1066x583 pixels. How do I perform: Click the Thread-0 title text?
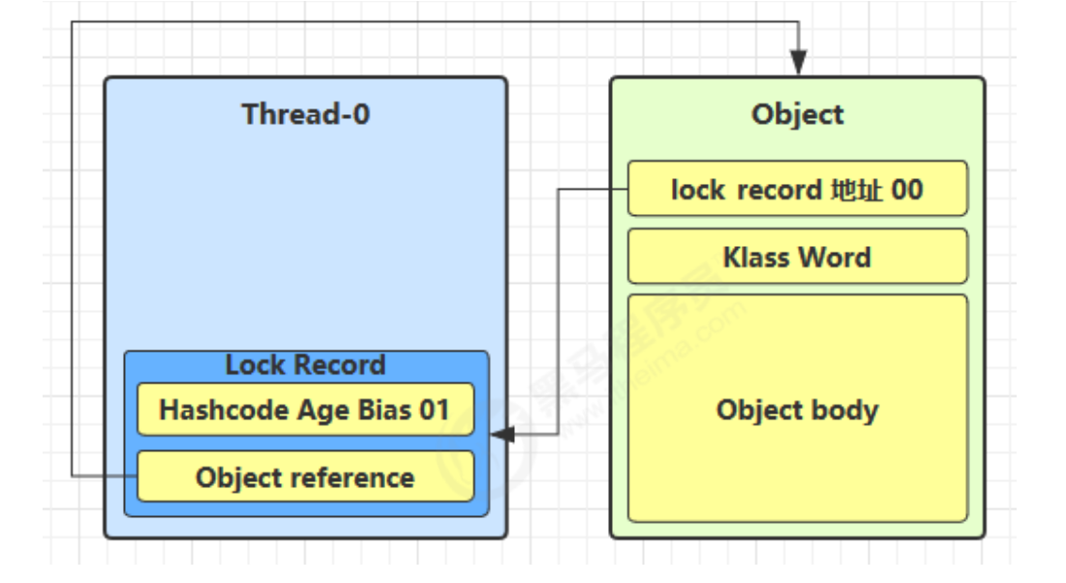(x=305, y=114)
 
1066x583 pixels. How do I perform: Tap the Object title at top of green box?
(x=798, y=115)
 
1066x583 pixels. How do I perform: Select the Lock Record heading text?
(x=305, y=365)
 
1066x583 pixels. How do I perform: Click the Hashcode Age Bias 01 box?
(x=306, y=410)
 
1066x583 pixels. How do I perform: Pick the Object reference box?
(x=306, y=476)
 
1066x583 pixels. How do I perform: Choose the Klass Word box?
(x=798, y=257)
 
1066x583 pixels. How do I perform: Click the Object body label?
(x=798, y=411)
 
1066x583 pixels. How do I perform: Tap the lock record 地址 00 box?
(x=798, y=189)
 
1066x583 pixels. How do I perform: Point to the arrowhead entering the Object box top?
(x=799, y=63)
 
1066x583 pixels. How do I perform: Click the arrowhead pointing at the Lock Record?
(x=503, y=434)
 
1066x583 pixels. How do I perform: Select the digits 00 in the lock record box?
(x=907, y=190)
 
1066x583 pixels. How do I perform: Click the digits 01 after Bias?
(x=434, y=411)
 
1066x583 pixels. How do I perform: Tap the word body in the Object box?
(x=845, y=411)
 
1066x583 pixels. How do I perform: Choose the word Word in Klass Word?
(x=835, y=258)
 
